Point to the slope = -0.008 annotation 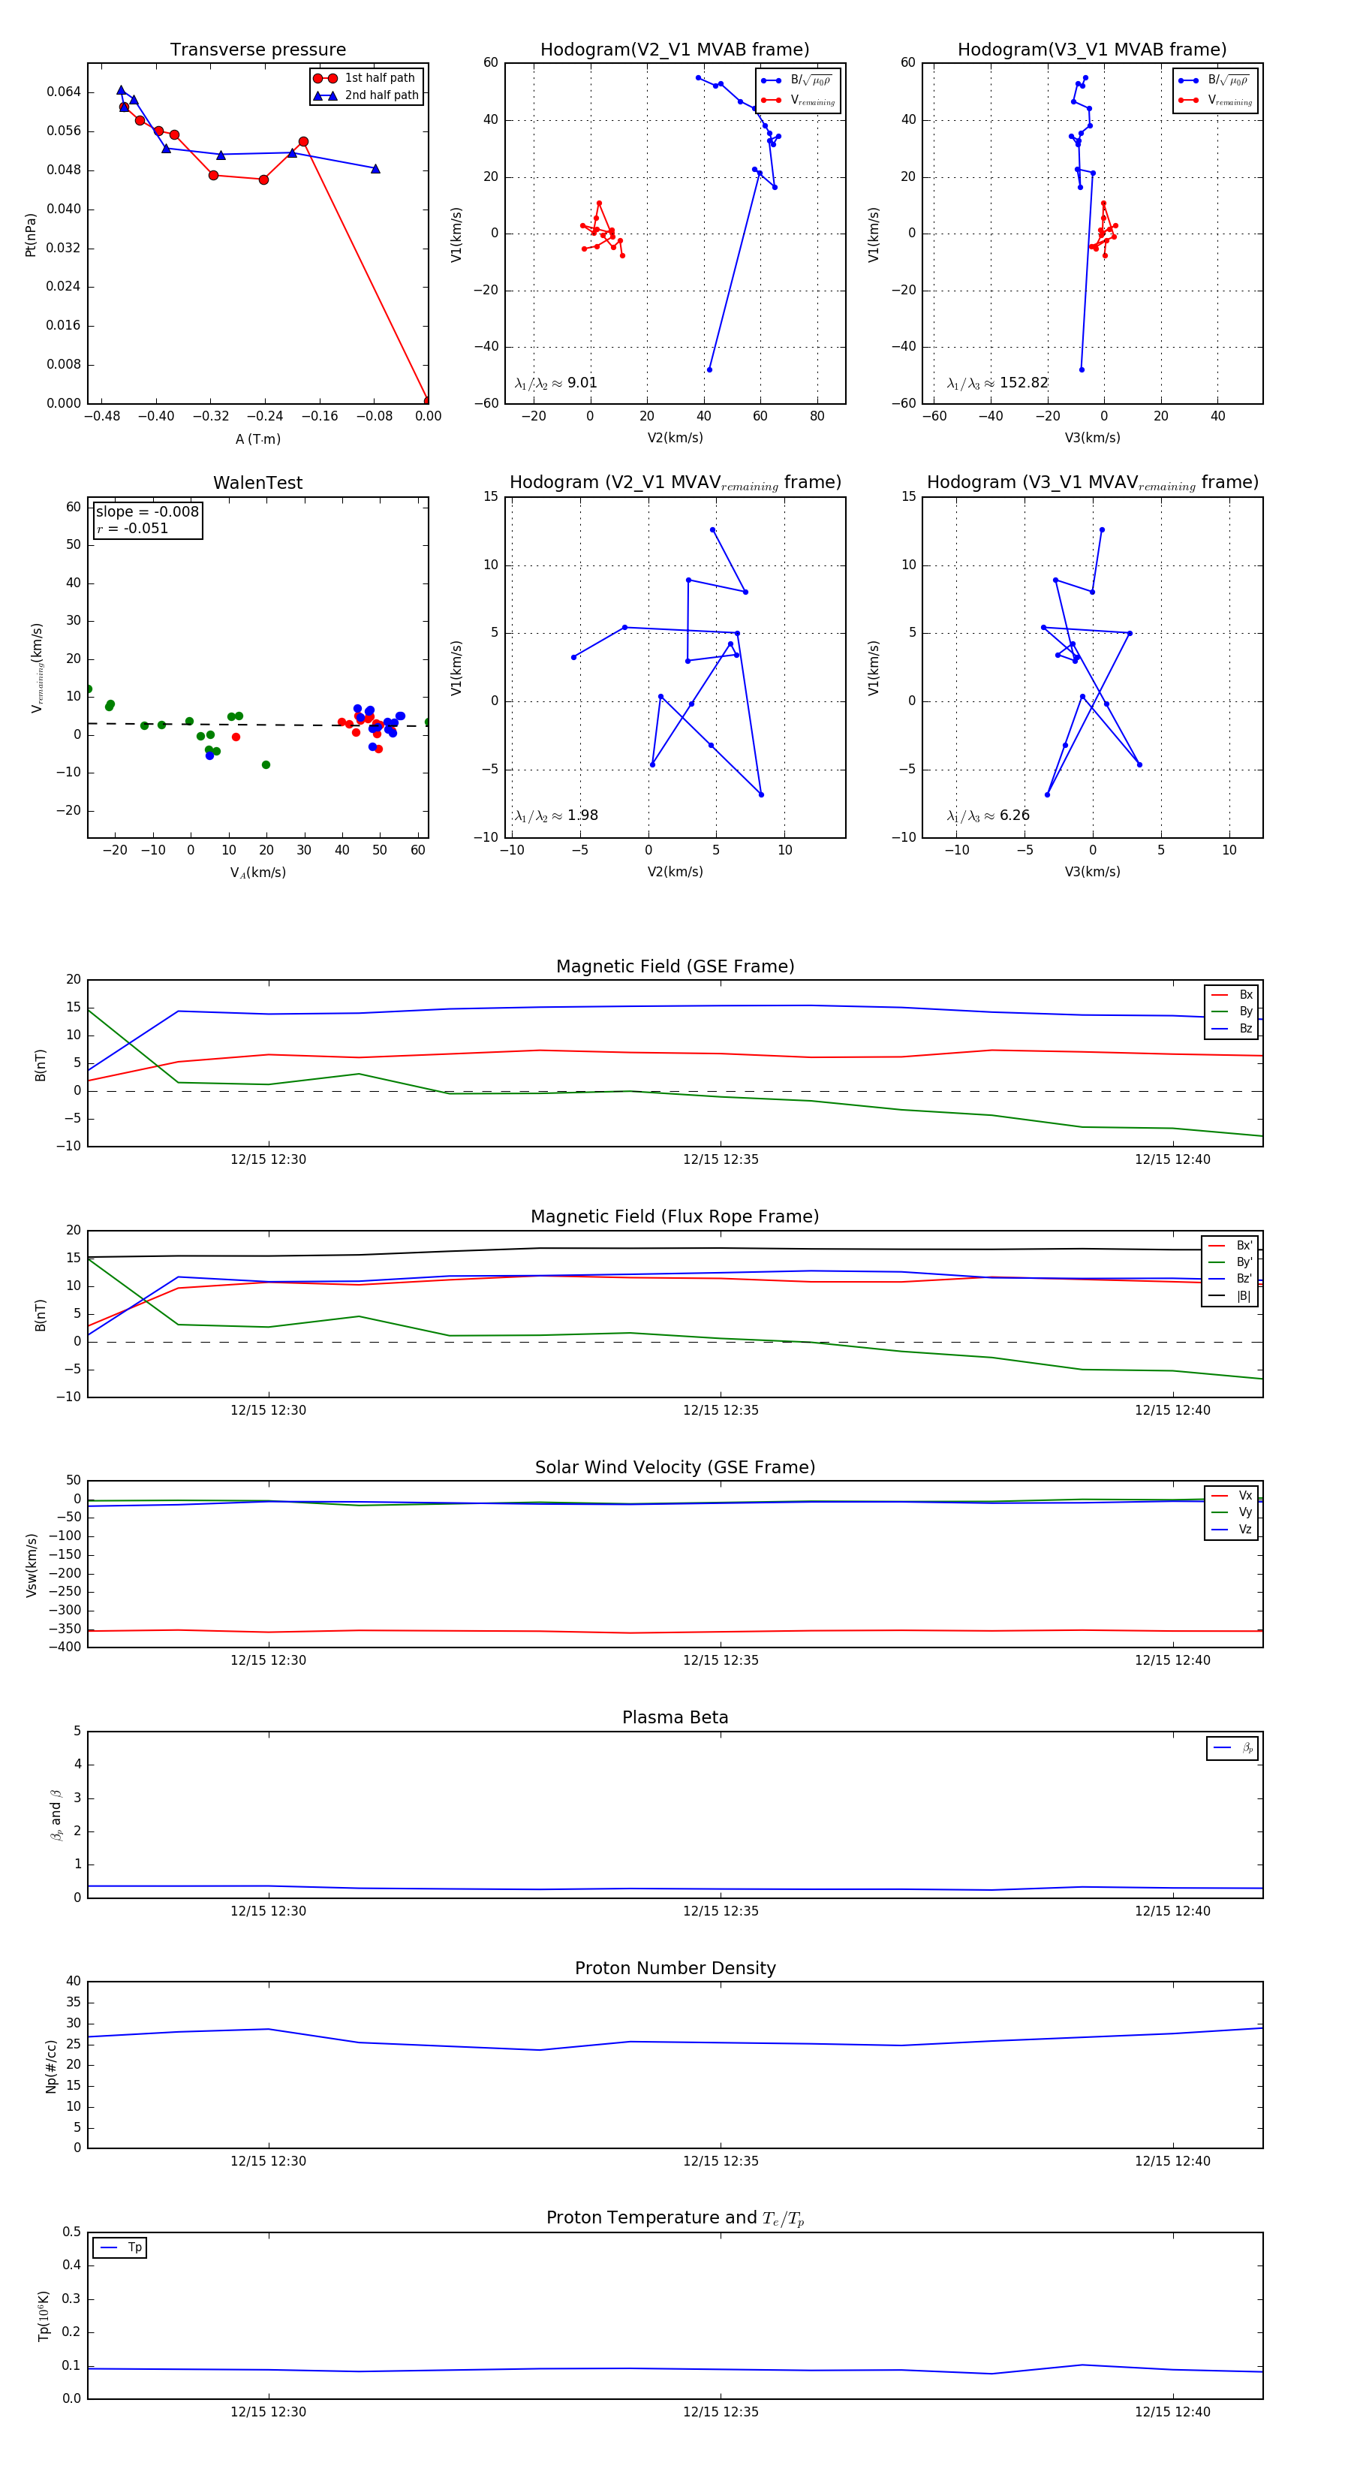click(147, 512)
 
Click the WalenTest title click(257, 483)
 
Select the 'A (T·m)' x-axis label click(257, 439)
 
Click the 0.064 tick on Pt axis click(64, 92)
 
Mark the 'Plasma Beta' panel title click(675, 1718)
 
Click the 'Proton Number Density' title click(675, 1968)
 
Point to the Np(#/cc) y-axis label click(51, 2067)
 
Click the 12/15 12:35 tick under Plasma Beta click(721, 1911)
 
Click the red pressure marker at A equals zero click(428, 401)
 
